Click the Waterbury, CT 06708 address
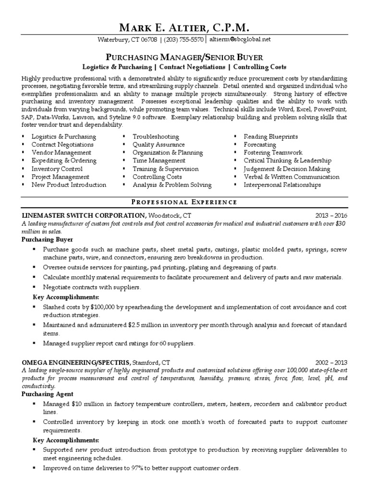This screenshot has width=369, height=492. click(127, 39)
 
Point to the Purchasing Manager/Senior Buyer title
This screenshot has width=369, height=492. click(184, 57)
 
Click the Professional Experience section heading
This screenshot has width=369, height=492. click(184, 202)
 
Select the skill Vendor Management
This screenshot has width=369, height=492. click(61, 152)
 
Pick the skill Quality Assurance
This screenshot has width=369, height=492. click(159, 144)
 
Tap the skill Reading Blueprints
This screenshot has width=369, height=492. click(271, 136)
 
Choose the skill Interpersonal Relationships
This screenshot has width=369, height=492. click(283, 184)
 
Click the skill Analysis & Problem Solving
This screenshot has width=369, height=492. click(172, 184)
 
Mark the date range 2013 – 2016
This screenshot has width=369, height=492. click(331, 215)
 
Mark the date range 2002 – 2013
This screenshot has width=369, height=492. click(331, 362)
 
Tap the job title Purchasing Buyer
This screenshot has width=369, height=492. click(47, 239)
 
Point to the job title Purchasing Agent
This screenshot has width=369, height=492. click(46, 394)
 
